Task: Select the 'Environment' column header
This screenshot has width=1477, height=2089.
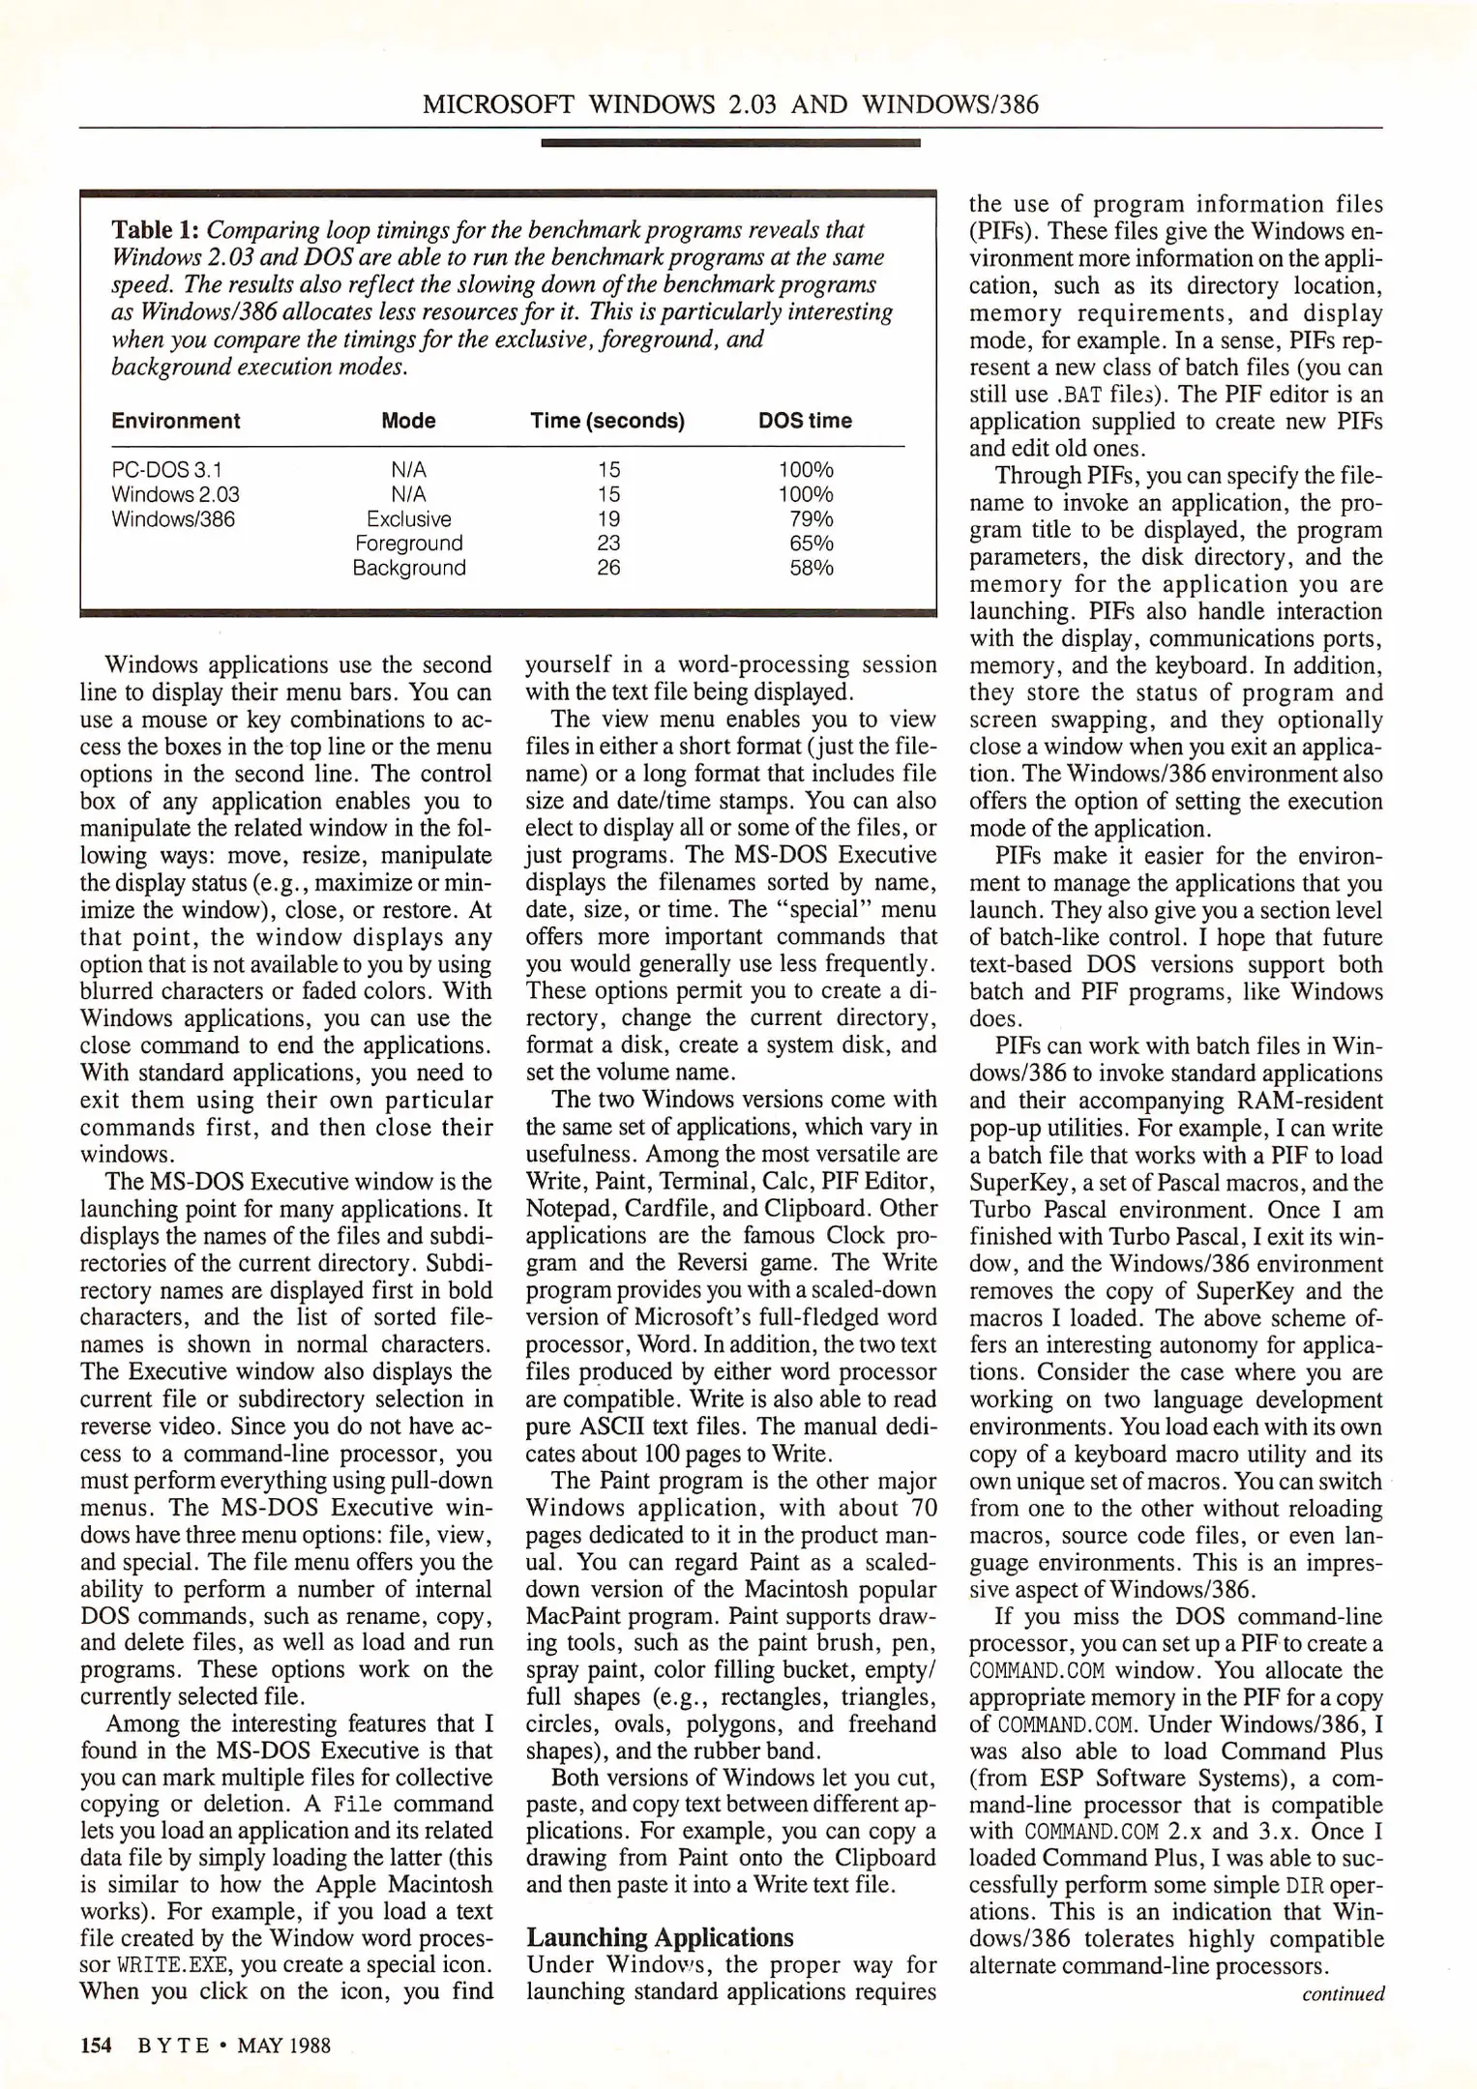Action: click(175, 421)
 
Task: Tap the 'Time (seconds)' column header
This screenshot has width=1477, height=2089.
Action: click(607, 421)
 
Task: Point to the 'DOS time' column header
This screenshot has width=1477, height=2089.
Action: click(805, 421)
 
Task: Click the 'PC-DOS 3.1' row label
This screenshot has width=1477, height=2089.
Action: click(166, 470)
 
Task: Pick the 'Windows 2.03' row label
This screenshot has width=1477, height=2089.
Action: click(175, 494)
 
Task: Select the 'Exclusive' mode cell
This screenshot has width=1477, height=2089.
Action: click(409, 519)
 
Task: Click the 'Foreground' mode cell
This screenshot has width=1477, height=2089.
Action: click(409, 544)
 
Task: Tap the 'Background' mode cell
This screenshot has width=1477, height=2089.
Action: click(409, 568)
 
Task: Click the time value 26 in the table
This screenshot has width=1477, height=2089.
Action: click(608, 568)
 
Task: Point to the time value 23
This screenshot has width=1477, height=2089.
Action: click(608, 544)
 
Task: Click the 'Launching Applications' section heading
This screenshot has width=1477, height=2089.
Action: click(660, 1937)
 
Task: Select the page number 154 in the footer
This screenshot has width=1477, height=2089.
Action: click(97, 2045)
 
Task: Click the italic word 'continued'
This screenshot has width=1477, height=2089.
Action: click(1344, 1993)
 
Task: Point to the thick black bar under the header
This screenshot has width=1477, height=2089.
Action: click(730, 143)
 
